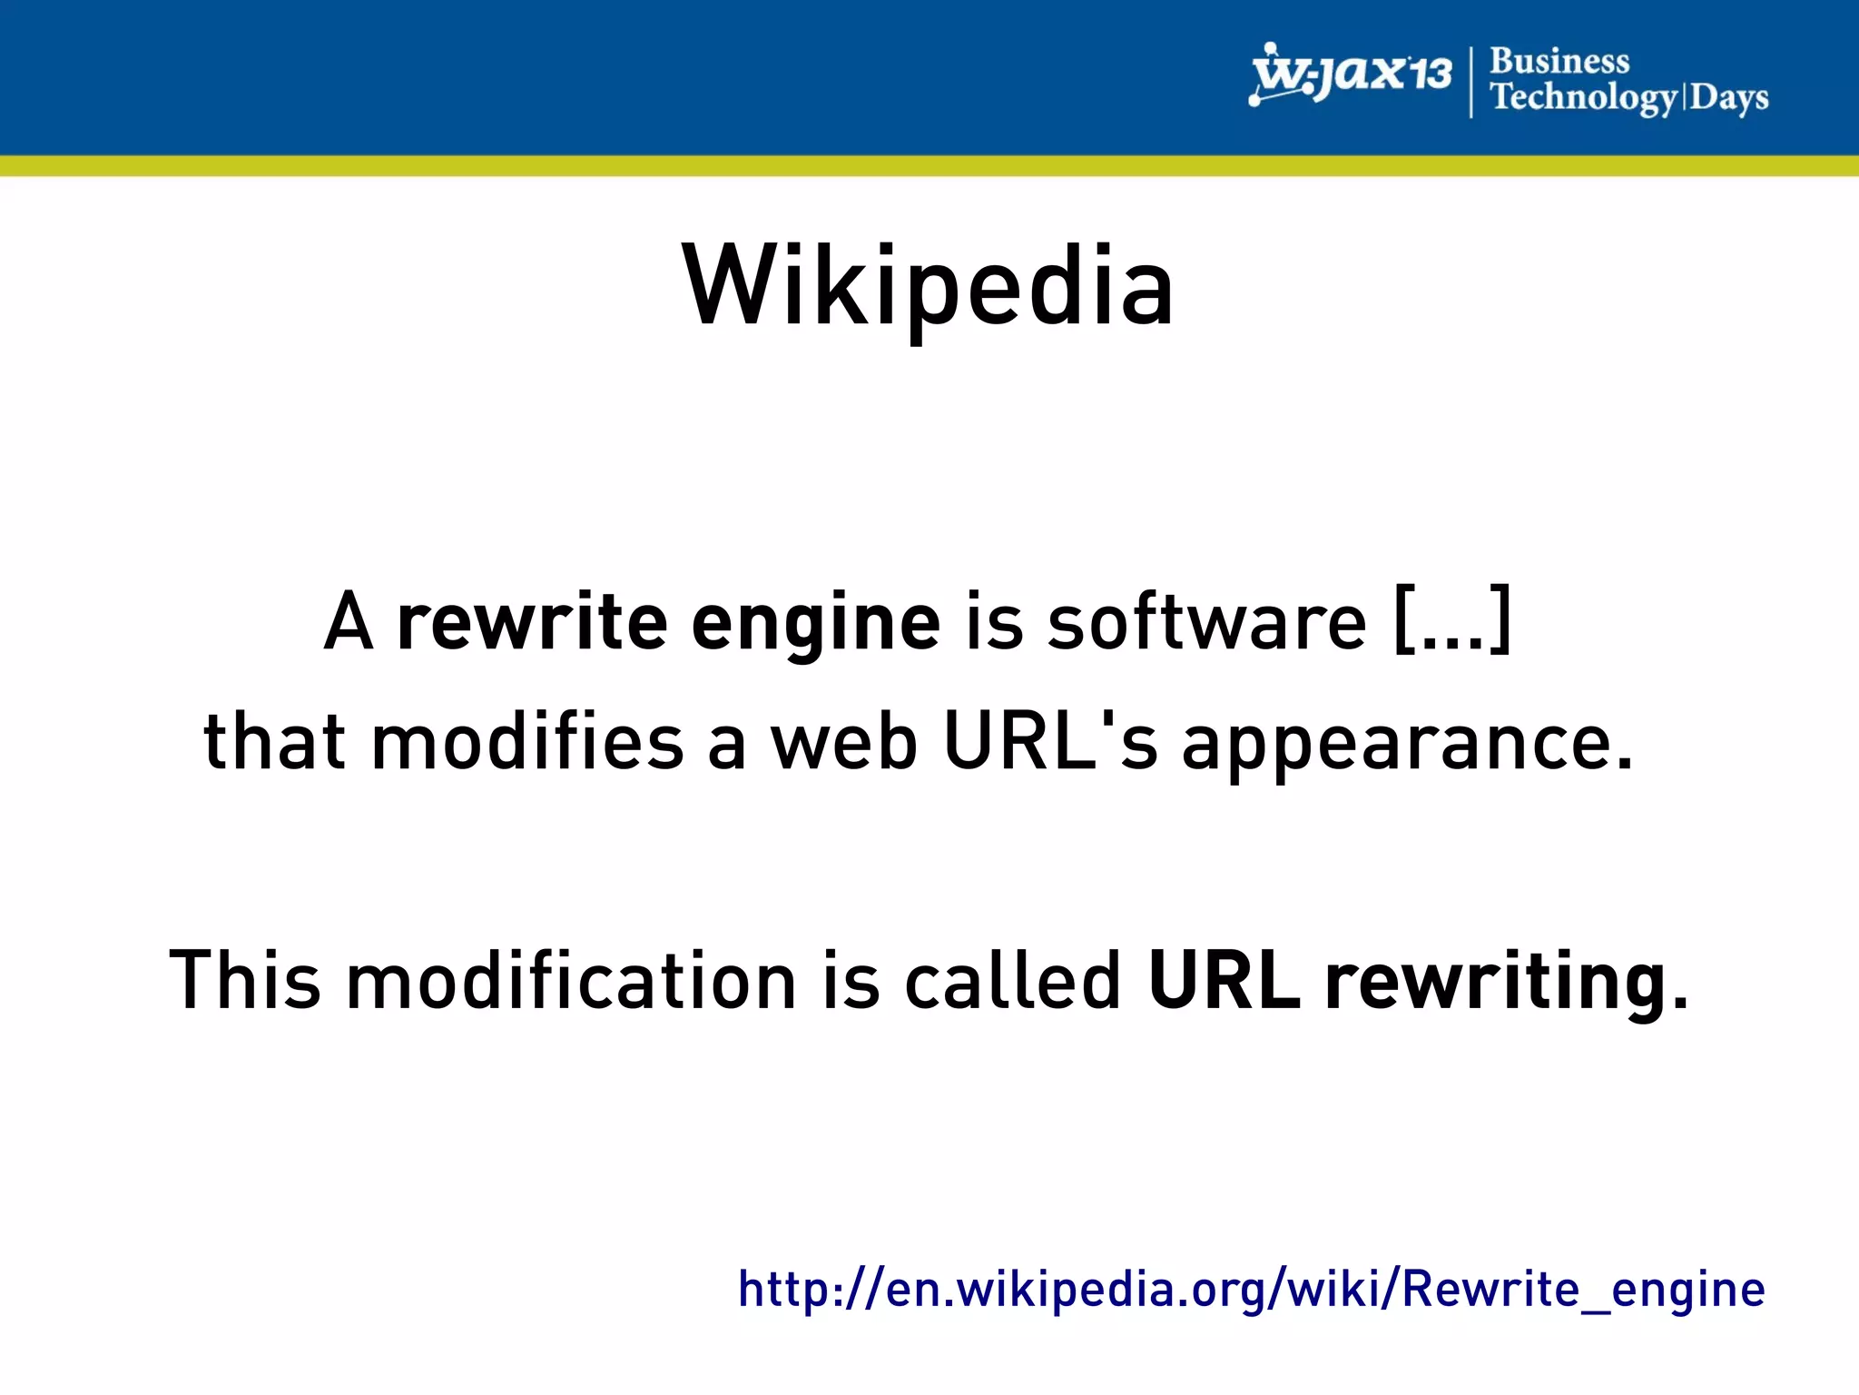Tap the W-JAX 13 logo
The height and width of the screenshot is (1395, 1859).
point(1351,74)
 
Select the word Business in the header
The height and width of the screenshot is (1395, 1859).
point(1559,61)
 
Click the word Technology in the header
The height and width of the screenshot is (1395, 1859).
point(1583,97)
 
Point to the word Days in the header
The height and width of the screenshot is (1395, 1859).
point(1729,97)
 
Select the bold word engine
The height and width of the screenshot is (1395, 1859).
point(815,624)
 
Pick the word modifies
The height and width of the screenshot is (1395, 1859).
point(527,742)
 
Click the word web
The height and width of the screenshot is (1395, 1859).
point(844,742)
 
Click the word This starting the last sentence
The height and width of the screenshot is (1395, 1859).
point(245,980)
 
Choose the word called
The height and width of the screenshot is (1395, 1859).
point(1012,980)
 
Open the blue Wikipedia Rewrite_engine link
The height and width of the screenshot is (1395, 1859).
point(1251,1289)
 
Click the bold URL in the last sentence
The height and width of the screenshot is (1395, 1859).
point(1223,980)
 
